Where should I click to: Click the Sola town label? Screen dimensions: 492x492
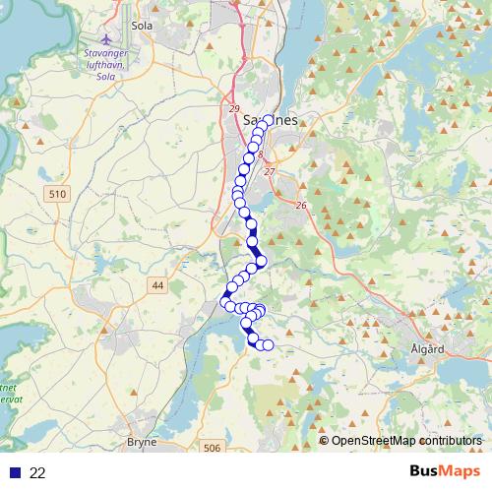point(143,25)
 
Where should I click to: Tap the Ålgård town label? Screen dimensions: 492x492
point(425,349)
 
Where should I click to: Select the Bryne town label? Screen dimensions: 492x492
point(142,443)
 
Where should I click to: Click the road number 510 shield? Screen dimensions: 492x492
point(56,195)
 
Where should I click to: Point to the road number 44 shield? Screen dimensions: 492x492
point(156,285)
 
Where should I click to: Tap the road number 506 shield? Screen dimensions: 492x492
point(212,449)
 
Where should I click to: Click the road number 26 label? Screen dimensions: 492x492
point(301,205)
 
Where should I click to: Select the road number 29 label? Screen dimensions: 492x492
point(233,108)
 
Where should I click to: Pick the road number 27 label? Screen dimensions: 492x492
point(270,172)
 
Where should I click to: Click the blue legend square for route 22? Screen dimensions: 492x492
point(15,472)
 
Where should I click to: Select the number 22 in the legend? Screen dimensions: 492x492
point(38,472)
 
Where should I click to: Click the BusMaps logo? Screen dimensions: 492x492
point(446,472)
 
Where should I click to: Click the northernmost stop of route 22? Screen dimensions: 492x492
point(267,120)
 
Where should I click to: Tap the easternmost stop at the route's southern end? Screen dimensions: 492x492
point(267,344)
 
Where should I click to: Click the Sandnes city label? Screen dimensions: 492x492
point(269,120)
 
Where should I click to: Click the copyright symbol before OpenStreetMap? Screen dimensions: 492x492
point(324,441)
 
